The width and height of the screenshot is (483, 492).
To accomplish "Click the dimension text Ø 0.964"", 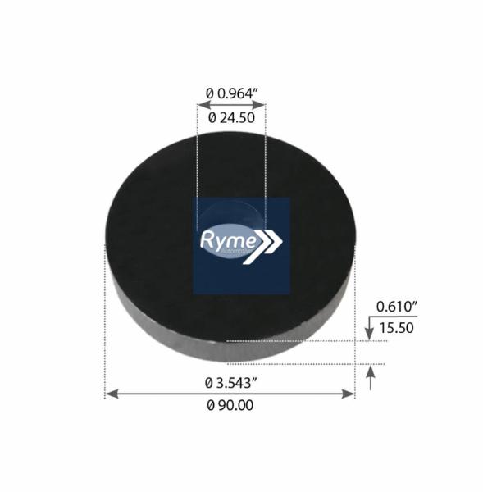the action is click(x=232, y=93).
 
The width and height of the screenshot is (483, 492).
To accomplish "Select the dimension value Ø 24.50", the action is click(x=231, y=118).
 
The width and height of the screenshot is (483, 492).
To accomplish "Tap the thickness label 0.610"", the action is click(x=397, y=307).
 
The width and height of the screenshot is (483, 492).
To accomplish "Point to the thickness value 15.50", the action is click(x=397, y=328).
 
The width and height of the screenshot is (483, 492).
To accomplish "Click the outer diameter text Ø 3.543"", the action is click(x=231, y=383).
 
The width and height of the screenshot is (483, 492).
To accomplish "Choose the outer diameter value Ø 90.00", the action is click(x=230, y=405).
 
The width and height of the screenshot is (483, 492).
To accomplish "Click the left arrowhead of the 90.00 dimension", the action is click(x=112, y=394).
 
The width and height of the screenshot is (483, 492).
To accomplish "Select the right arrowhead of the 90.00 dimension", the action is click(x=348, y=394).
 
